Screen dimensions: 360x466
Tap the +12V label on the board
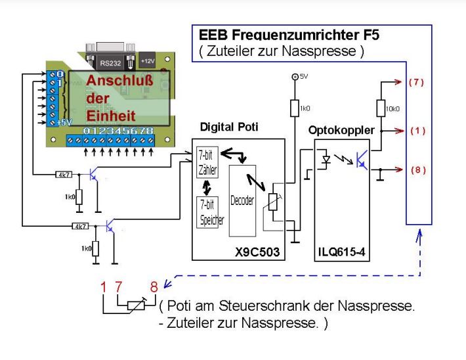click(x=147, y=61)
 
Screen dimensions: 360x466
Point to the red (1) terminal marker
click(x=417, y=131)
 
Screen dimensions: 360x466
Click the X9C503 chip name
click(x=259, y=252)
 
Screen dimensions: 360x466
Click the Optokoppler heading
click(x=341, y=130)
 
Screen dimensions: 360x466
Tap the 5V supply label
click(x=303, y=77)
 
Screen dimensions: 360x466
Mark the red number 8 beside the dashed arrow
click(x=154, y=287)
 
